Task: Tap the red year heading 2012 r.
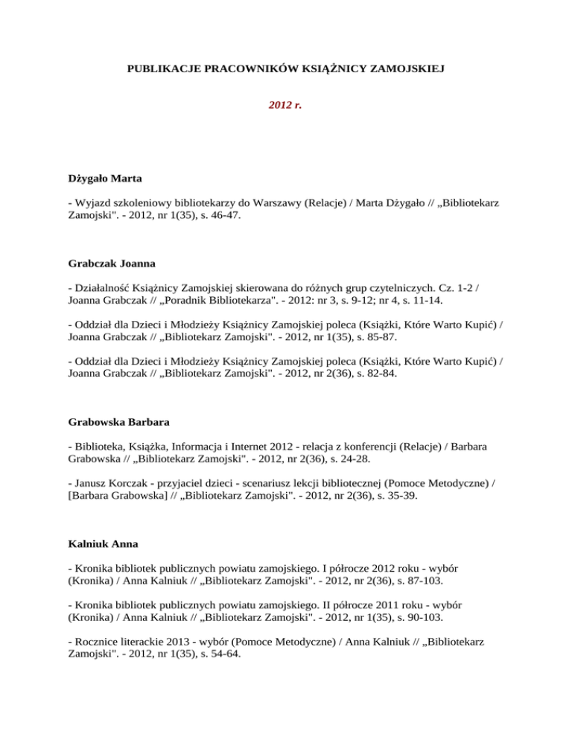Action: pyautogui.click(x=285, y=105)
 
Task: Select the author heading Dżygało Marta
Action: pyautogui.click(x=96, y=179)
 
